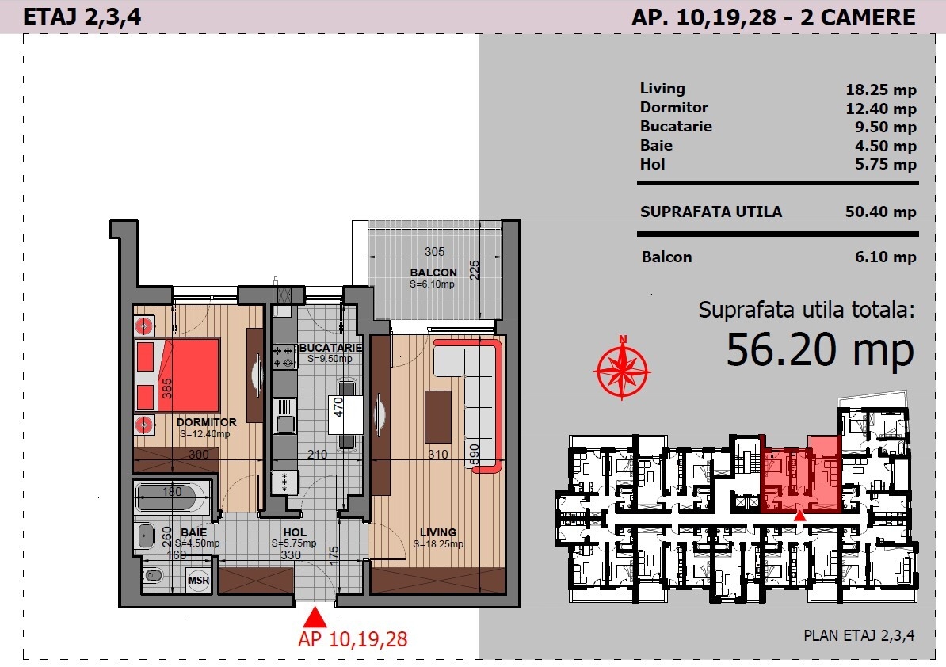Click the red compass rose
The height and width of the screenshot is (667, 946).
pyautogui.click(x=622, y=368)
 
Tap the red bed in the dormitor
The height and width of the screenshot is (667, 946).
pyautogui.click(x=177, y=375)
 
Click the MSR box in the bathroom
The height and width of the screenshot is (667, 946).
pyautogui.click(x=199, y=580)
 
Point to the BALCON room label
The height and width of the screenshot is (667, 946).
pyautogui.click(x=433, y=273)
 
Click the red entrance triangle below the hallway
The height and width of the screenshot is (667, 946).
pyautogui.click(x=315, y=618)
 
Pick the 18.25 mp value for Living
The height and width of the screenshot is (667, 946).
pyautogui.click(x=881, y=90)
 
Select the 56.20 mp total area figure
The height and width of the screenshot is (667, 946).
pyautogui.click(x=820, y=350)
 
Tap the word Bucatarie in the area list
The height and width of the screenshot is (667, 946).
pyautogui.click(x=676, y=126)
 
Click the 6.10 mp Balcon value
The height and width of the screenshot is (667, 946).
pyautogui.click(x=885, y=257)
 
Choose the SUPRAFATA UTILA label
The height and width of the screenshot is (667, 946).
pyautogui.click(x=711, y=212)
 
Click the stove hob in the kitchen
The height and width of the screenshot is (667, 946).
pyautogui.click(x=284, y=356)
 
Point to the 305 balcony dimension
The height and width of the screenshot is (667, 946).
pyautogui.click(x=434, y=251)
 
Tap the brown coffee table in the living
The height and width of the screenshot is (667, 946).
pyautogui.click(x=438, y=417)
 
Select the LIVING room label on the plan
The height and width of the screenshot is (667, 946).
pyautogui.click(x=438, y=532)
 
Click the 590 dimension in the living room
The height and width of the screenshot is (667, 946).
pyautogui.click(x=475, y=454)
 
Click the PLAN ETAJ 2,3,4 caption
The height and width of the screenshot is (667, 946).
pyautogui.click(x=859, y=635)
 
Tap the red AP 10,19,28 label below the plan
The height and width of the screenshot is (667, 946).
pyautogui.click(x=353, y=639)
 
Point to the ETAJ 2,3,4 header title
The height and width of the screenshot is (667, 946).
pyautogui.click(x=82, y=17)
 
